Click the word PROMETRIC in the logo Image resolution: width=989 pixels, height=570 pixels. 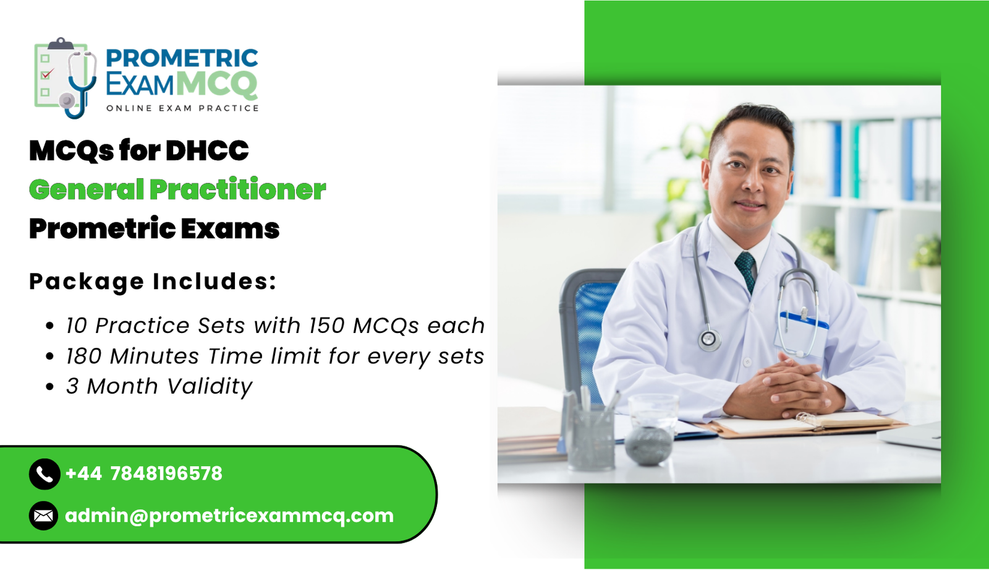point(182,58)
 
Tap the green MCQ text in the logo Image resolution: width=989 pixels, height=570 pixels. point(216,84)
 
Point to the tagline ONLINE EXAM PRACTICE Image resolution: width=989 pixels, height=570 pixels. point(182,108)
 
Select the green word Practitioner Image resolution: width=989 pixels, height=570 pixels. point(237,189)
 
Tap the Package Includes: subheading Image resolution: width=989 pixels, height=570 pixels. point(153,282)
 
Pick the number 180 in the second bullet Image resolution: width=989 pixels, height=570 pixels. point(83,356)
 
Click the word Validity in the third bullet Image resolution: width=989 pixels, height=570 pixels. point(210,387)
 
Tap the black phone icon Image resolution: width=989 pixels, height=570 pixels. point(44,474)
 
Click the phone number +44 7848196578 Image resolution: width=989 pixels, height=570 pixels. point(143,474)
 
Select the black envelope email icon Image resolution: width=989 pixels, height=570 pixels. point(43,516)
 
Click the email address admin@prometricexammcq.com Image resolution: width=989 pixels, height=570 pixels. point(229,516)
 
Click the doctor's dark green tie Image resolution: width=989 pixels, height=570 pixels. point(746,270)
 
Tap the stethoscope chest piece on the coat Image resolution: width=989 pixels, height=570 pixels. point(709,339)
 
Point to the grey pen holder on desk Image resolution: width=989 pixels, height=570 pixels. point(591,436)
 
